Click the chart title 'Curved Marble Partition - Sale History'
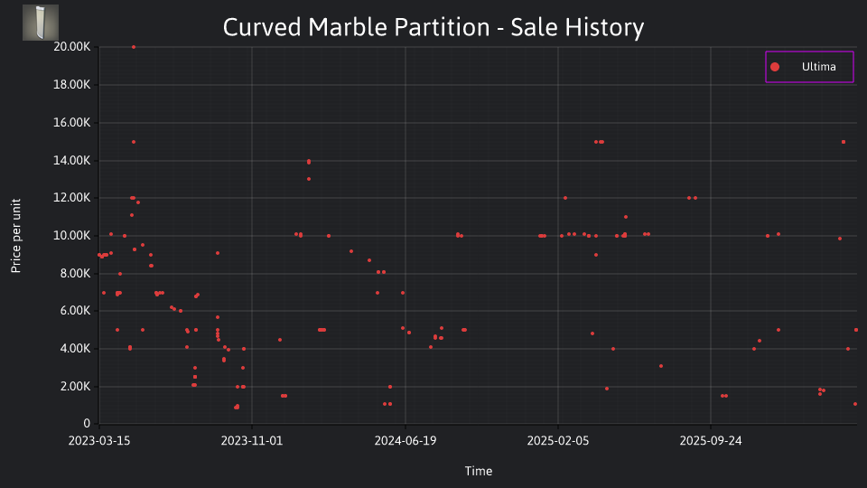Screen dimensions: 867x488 (x=433, y=27)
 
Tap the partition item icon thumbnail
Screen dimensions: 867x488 (x=41, y=23)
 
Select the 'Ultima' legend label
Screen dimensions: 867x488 (x=819, y=67)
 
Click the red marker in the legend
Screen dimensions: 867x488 (x=775, y=67)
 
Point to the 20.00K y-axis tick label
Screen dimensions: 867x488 (x=72, y=47)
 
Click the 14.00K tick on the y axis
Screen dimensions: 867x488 (x=72, y=161)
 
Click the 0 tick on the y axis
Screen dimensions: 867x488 (x=87, y=423)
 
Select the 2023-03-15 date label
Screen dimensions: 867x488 (x=99, y=441)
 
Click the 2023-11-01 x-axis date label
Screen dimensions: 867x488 (x=252, y=441)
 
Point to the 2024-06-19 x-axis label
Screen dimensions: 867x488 (x=406, y=441)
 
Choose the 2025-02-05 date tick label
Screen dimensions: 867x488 (x=558, y=441)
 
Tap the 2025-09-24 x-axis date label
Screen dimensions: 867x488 (x=711, y=441)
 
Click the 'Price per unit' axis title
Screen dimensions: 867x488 (x=16, y=236)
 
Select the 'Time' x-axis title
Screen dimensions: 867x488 (x=479, y=471)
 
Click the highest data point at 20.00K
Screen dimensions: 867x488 (x=134, y=47)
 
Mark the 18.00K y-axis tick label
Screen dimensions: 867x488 (x=72, y=85)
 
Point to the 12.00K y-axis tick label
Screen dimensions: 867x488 (x=72, y=198)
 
